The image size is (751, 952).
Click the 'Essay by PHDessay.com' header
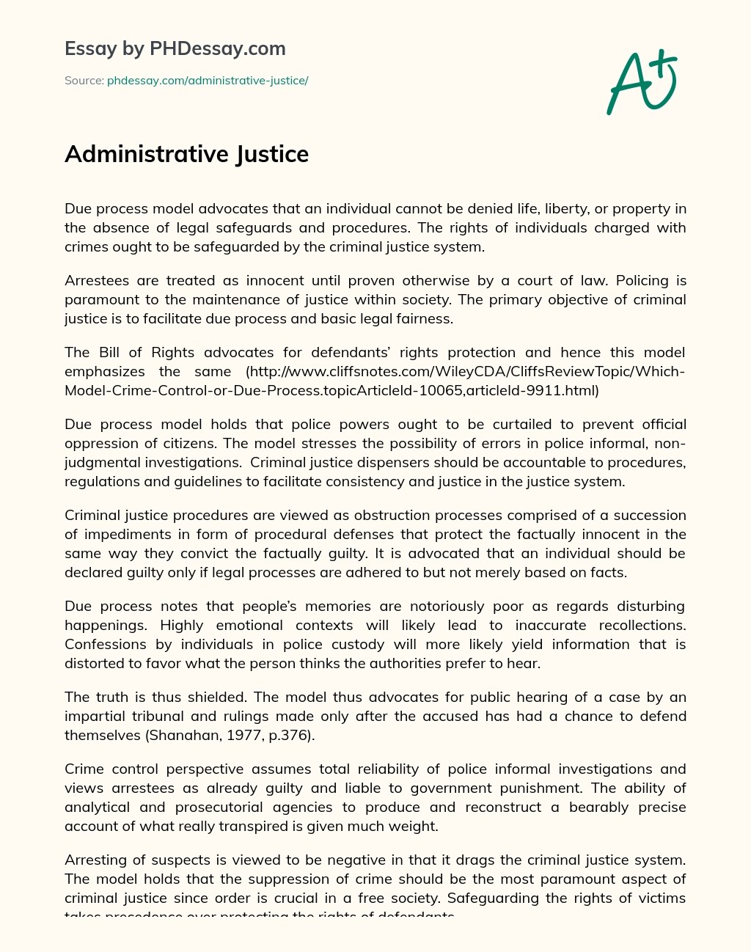[175, 48]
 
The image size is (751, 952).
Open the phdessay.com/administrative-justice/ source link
[208, 81]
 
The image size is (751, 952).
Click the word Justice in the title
[272, 154]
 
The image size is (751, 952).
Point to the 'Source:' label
[84, 81]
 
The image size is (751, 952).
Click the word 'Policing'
[642, 280]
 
